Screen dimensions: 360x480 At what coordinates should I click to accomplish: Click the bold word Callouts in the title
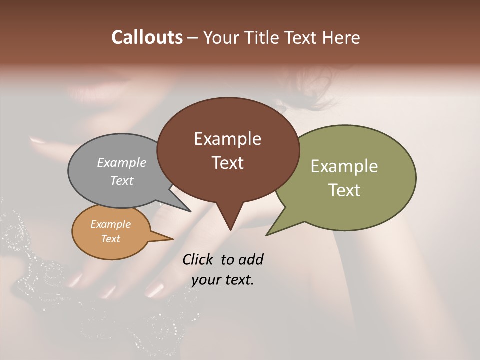pos(147,37)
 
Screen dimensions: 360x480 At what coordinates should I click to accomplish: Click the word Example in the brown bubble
pos(227,139)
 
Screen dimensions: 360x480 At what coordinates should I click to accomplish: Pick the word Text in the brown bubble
pos(227,163)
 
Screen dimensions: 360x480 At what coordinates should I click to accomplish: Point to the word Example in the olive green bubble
pos(344,166)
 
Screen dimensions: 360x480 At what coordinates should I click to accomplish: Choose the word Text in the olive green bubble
pos(344,190)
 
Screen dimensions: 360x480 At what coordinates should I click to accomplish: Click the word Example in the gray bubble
pos(122,162)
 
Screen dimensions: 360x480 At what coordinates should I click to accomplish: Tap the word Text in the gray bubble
pos(122,180)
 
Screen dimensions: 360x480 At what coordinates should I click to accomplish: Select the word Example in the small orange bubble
pos(110,224)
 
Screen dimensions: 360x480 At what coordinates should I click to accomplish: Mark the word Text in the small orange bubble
pos(110,239)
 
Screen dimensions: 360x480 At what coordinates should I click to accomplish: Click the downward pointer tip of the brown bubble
pos(230,230)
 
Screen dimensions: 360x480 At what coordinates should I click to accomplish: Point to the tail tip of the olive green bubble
pos(266,235)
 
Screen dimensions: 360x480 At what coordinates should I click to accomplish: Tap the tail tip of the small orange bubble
pos(173,239)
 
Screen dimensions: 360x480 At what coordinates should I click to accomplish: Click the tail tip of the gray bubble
pos(190,211)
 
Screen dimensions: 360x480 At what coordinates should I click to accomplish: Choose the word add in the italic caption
pos(251,259)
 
